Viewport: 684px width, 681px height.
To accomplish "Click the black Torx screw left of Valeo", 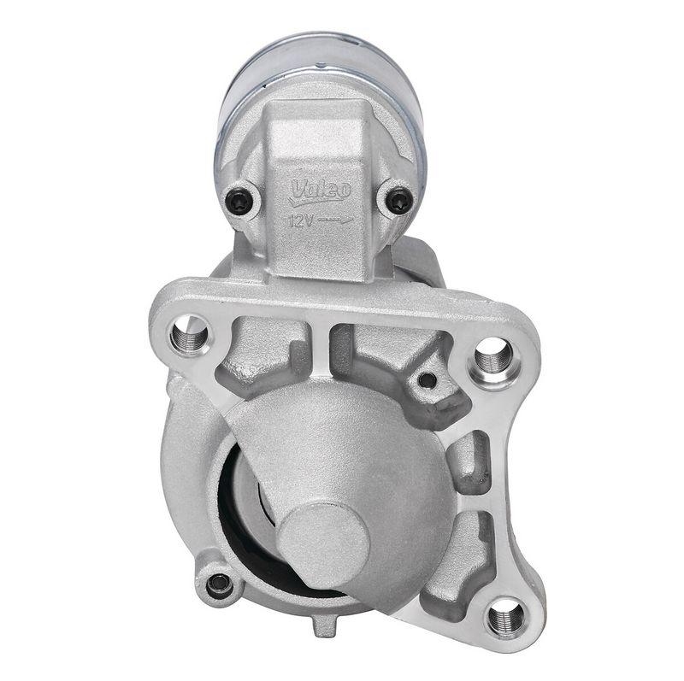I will point(240,202).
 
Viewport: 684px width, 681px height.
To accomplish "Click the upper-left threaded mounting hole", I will point(189,334).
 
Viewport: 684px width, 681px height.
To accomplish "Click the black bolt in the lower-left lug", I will point(219,584).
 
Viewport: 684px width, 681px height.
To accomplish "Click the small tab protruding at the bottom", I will point(322,628).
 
